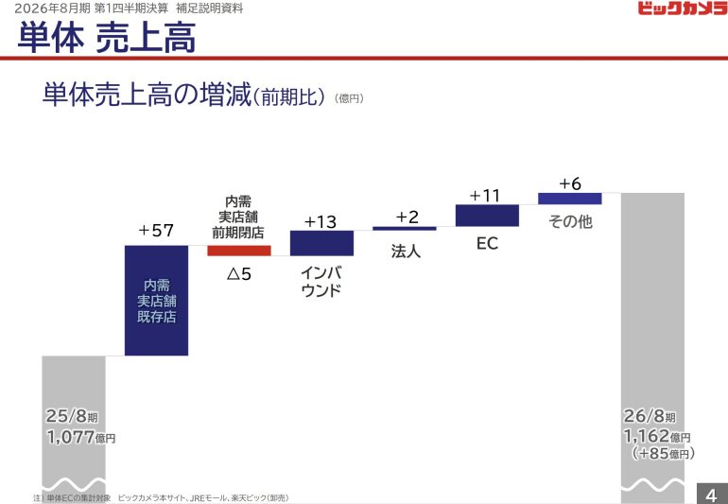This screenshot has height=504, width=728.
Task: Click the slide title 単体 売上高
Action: point(105,39)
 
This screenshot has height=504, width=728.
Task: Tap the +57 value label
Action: point(156,230)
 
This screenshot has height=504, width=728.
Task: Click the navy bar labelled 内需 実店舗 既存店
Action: point(156,300)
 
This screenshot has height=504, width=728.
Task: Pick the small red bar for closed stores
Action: point(239,251)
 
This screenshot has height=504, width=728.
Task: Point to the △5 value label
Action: point(238,275)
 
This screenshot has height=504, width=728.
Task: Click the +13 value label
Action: point(321,221)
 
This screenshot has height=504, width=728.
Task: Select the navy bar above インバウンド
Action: point(321,243)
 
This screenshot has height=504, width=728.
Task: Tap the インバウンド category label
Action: point(321,281)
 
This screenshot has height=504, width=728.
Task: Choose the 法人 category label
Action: point(405,252)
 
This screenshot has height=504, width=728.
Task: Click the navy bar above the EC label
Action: point(487,216)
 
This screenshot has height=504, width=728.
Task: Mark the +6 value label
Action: point(570,183)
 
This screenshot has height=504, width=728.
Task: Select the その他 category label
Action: point(570,222)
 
